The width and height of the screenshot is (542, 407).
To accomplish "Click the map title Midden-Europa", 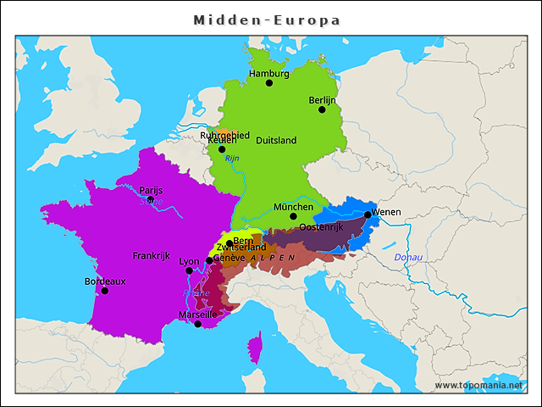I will tap(267, 20).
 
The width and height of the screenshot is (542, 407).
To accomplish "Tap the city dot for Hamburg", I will tap(269, 83).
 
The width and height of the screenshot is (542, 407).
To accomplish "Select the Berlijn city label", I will tap(322, 99).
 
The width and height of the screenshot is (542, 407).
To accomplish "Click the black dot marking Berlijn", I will tap(322, 109).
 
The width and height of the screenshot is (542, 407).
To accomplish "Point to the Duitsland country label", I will tap(276, 140).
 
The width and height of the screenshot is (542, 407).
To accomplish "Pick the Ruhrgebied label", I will tap(224, 134).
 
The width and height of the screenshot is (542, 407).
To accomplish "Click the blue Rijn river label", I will tap(232, 159).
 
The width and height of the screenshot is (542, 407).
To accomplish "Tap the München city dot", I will tap(293, 216).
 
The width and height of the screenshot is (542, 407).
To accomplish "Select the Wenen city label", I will tap(386, 212).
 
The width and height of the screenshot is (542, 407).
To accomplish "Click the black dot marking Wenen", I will tap(368, 215).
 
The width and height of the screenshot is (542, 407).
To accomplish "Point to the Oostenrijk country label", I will tap(321, 227).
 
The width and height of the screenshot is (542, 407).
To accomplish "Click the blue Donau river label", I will tap(408, 256).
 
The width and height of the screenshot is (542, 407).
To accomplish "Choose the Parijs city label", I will tap(151, 191).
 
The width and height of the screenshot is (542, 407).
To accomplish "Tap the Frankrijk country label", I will tap(152, 255).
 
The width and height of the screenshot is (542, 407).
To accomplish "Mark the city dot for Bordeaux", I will tap(105, 291).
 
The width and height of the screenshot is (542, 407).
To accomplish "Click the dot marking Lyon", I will tap(190, 271).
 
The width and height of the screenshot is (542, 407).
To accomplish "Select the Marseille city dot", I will tap(198, 324).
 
